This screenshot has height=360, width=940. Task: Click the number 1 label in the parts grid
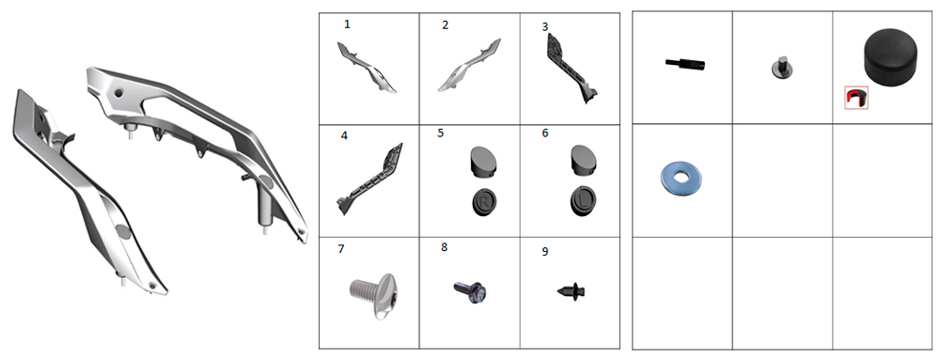click(347, 24)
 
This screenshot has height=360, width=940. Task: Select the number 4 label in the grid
click(344, 136)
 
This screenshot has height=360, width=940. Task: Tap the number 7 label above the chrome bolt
click(341, 248)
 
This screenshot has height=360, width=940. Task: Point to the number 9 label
click(545, 252)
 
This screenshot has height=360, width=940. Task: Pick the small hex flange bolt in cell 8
click(470, 290)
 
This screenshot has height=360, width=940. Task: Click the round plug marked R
click(484, 202)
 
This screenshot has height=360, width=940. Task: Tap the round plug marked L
click(583, 202)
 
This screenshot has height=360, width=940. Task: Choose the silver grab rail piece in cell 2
click(470, 66)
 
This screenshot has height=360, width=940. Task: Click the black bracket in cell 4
click(369, 179)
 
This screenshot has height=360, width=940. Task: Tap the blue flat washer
click(681, 179)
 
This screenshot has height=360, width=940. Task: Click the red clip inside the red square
click(856, 97)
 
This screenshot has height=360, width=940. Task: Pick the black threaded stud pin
click(685, 63)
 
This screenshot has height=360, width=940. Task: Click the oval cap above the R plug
click(481, 161)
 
